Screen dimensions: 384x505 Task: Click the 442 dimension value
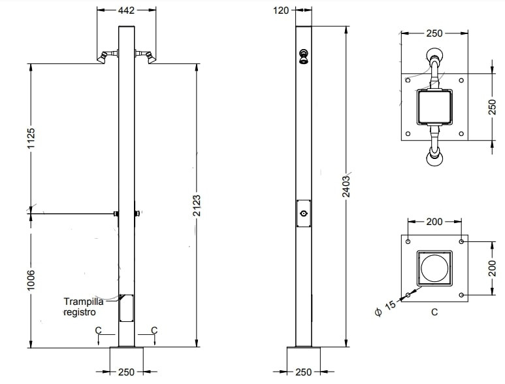click(x=127, y=10)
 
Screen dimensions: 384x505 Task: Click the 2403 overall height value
click(x=347, y=186)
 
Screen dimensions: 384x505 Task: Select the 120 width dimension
click(x=282, y=10)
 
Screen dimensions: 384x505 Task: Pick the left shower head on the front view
click(x=102, y=57)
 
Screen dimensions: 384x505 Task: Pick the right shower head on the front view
click(x=152, y=57)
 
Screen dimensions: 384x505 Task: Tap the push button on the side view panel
click(x=304, y=214)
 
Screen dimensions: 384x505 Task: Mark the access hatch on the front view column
click(x=126, y=308)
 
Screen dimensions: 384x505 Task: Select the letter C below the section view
click(x=434, y=312)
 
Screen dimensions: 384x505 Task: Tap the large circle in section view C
click(x=434, y=268)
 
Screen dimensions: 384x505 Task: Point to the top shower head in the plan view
click(x=434, y=56)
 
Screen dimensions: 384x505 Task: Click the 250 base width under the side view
click(x=304, y=372)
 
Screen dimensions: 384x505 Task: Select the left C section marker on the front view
click(x=98, y=330)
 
